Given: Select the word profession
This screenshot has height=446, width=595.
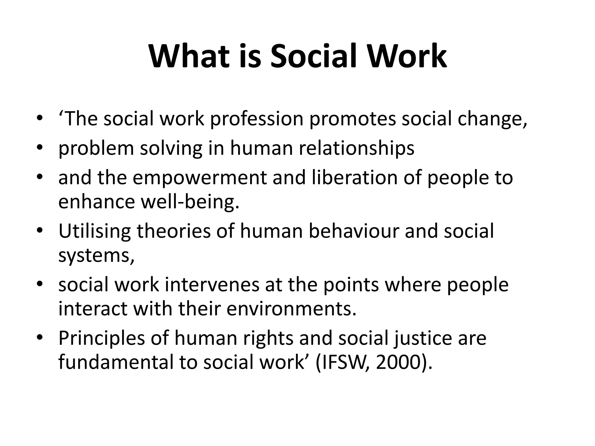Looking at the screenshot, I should click(x=257, y=119).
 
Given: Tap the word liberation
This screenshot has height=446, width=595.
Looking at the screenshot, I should click(x=354, y=178).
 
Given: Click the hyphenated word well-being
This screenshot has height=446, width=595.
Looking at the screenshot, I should click(x=190, y=202).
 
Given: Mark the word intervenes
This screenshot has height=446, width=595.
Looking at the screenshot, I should click(x=212, y=285).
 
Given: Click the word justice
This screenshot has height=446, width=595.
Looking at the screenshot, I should click(x=422, y=338).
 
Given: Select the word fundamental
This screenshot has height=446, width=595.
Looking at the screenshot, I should click(x=116, y=362).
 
